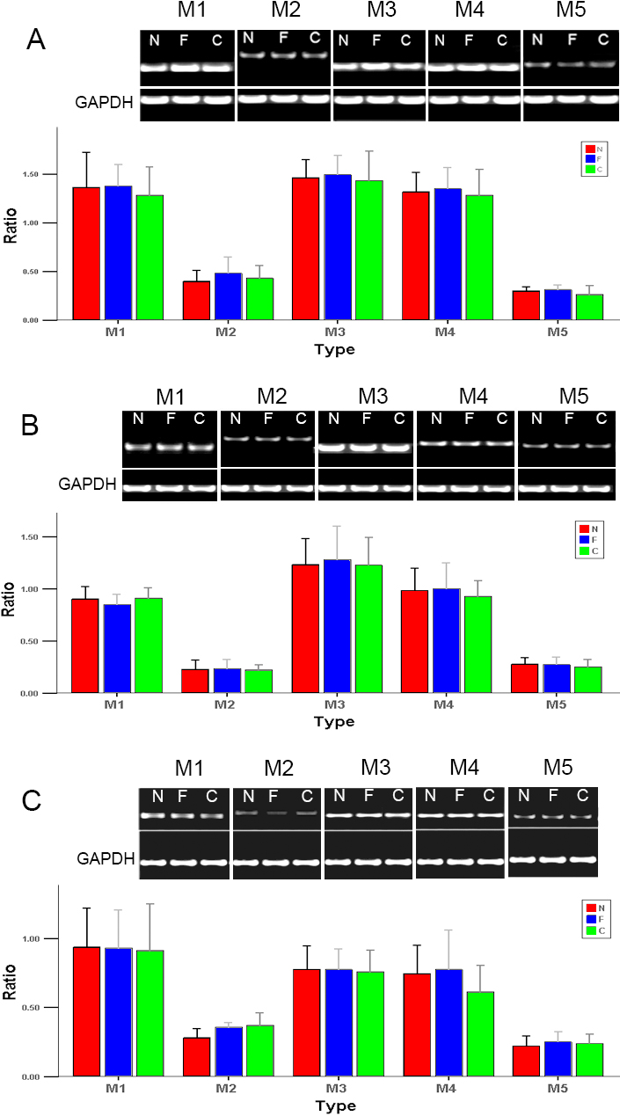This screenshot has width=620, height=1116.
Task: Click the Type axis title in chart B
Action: pos(333,722)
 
